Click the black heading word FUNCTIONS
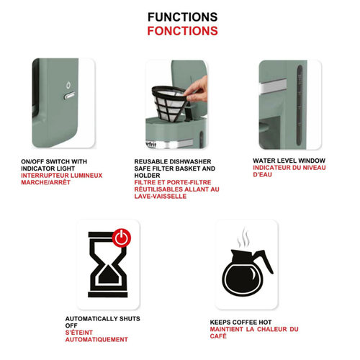point(182,17)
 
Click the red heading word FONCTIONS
point(182,31)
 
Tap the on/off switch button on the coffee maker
point(70,96)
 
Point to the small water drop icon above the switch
point(68,85)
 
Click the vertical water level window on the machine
point(300,105)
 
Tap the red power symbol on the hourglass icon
point(122,238)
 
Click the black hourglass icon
point(108,264)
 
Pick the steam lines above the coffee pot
point(243,238)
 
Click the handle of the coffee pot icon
point(264,261)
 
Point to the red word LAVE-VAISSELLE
point(161,197)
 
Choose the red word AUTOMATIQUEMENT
point(96,340)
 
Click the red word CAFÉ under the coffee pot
point(218,336)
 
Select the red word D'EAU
point(262,174)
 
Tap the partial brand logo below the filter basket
point(150,144)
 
